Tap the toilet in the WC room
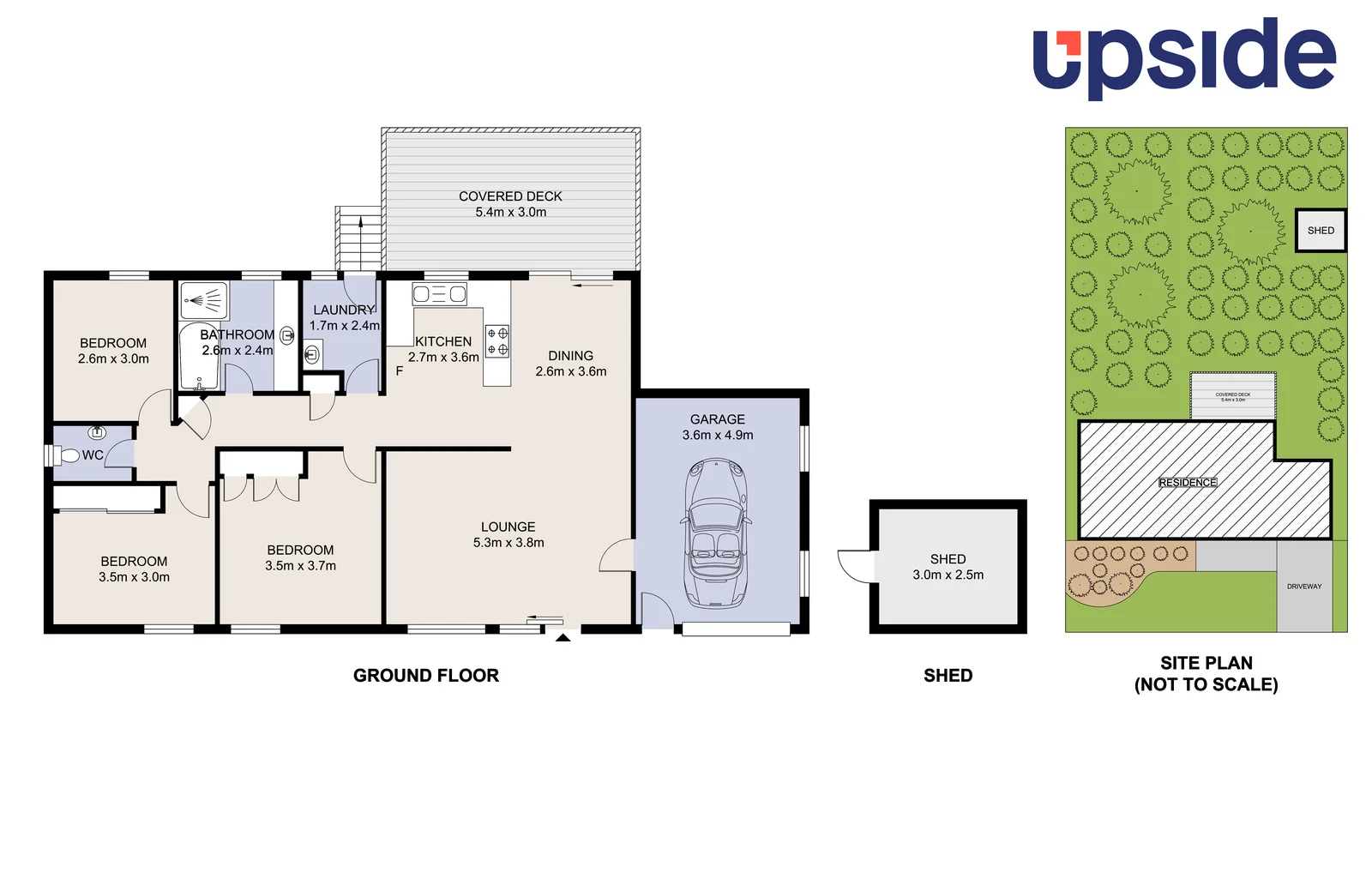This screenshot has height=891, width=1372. [x=69, y=455]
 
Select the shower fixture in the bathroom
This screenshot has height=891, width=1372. [x=204, y=300]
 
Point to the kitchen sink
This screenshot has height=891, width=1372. [x=439, y=294]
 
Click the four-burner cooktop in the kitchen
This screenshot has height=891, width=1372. [x=497, y=340]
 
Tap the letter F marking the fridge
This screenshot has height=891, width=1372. [x=400, y=371]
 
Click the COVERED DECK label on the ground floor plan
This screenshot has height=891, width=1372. [x=510, y=196]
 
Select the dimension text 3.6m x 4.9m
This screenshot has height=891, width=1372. [x=718, y=435]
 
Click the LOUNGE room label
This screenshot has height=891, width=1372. [x=508, y=527]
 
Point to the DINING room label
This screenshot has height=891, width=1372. [x=570, y=355]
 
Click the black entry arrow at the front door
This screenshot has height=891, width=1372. [x=563, y=636]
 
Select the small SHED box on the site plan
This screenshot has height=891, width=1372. [x=1320, y=230]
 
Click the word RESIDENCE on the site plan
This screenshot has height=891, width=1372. [x=1188, y=483]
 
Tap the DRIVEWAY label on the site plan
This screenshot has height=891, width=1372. [x=1303, y=587]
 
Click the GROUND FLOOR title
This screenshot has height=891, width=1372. [x=426, y=676]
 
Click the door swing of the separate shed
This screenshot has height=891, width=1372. [x=855, y=566]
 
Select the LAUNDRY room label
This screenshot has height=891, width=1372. [x=343, y=310]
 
